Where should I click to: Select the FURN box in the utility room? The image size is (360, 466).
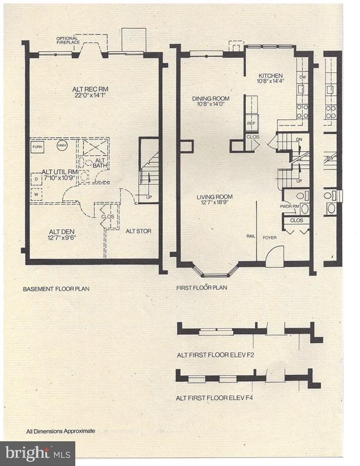[x=38, y=146]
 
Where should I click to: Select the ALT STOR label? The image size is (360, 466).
[x=138, y=231]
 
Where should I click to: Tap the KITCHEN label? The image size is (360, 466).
[x=271, y=76]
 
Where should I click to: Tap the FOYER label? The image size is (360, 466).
[x=269, y=238]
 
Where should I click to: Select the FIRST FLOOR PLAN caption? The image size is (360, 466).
[x=202, y=288]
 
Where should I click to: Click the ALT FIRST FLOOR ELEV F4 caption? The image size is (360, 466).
[x=214, y=398]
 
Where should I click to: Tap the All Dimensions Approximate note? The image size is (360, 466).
[x=60, y=431]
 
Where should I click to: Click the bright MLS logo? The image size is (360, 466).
[x=38, y=453]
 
